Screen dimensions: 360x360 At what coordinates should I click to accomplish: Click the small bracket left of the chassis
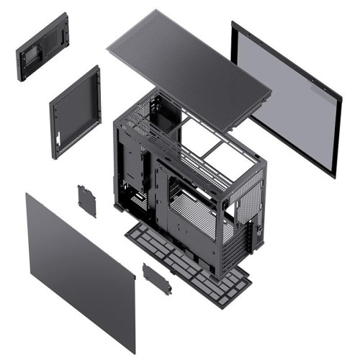(x=87, y=200)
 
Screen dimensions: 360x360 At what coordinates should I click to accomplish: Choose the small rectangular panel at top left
(x=42, y=47)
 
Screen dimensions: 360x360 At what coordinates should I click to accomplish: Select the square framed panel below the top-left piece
(x=76, y=112)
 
